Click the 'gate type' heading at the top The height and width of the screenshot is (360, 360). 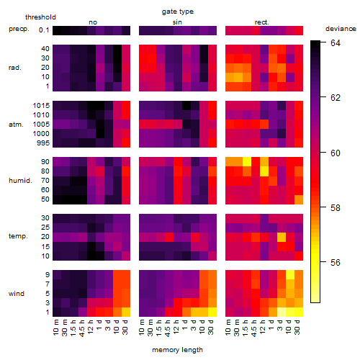point(178,12)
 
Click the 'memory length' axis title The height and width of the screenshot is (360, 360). point(177,350)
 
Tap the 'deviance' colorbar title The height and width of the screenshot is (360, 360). point(341,29)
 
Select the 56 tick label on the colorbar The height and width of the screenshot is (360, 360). point(336,262)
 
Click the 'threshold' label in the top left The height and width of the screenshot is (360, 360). point(40,17)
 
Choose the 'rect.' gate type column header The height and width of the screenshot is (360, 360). point(262,22)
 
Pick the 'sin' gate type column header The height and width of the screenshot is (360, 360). point(177,22)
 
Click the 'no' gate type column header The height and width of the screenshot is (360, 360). point(93,22)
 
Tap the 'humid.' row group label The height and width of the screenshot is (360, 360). point(20,181)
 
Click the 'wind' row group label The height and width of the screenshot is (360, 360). point(17,294)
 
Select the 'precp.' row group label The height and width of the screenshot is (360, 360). point(19,30)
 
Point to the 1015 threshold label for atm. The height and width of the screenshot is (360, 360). point(41,105)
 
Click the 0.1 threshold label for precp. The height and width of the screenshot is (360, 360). point(44,30)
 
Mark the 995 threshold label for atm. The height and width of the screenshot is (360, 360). point(43,143)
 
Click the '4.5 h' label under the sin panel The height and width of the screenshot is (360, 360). point(168,328)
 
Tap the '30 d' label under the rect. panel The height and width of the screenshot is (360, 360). point(297,328)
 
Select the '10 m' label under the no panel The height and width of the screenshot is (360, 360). point(55,328)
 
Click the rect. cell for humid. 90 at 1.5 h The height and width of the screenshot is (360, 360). point(247,162)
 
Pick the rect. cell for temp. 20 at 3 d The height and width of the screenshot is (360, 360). point(282,237)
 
